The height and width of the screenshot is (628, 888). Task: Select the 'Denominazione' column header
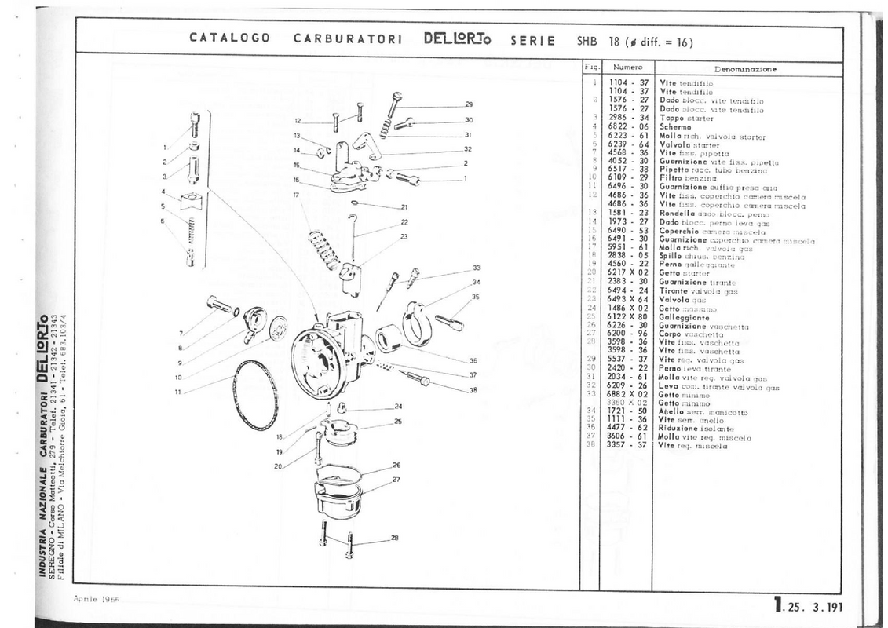click(x=745, y=69)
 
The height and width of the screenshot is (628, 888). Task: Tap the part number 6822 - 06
click(x=627, y=126)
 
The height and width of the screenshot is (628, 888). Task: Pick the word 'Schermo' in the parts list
click(x=675, y=126)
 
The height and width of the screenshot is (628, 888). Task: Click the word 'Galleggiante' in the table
click(x=685, y=317)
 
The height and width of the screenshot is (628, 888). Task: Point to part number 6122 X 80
click(x=629, y=317)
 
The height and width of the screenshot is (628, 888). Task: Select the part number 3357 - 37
click(x=627, y=445)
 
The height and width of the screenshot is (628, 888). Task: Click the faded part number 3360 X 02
click(x=628, y=403)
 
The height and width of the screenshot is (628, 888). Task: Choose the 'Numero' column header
click(x=628, y=69)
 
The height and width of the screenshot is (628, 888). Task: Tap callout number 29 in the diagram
click(x=469, y=104)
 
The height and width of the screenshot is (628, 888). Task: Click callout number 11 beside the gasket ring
click(x=177, y=391)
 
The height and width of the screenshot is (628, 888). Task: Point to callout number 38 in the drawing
click(x=473, y=390)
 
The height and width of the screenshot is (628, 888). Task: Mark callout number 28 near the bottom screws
click(x=395, y=538)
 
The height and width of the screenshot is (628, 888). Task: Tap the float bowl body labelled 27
click(x=338, y=495)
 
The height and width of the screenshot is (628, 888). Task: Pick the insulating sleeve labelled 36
click(x=390, y=341)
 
